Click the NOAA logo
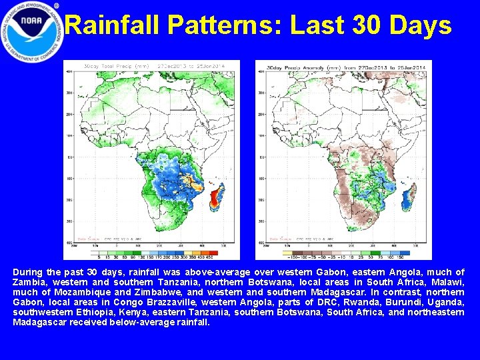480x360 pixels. pos(32,32)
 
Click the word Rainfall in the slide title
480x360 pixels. pos(113,26)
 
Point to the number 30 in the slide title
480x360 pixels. pos(362,26)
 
